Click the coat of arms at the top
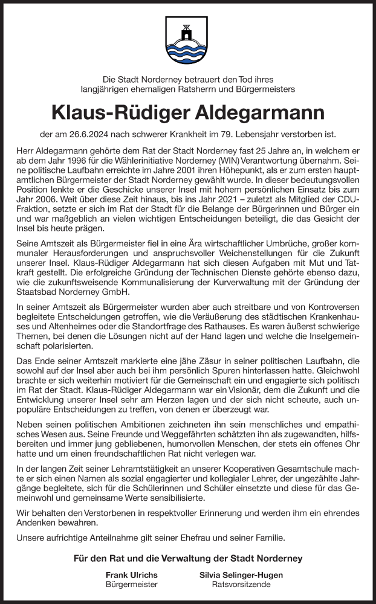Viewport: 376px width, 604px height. tap(188, 41)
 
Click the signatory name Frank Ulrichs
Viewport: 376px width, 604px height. tap(131, 574)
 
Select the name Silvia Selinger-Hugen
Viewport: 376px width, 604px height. tap(241, 574)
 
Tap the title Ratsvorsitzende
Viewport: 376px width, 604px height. tap(241, 585)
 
